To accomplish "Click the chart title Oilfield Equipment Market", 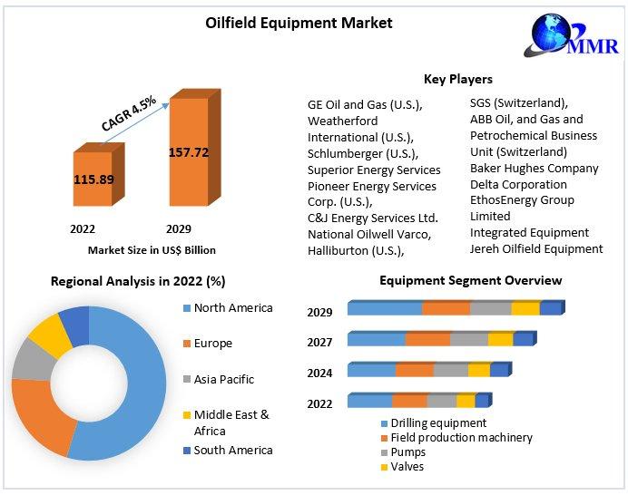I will (x=299, y=23).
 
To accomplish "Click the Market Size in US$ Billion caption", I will (x=152, y=249).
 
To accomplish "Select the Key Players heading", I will (x=458, y=80).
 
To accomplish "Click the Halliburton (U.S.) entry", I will (x=356, y=249).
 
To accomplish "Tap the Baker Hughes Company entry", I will (x=534, y=168).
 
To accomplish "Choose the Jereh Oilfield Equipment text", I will (x=535, y=248).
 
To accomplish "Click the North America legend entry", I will (x=232, y=308).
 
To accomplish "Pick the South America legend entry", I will (x=232, y=450).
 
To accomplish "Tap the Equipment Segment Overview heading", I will (x=470, y=281).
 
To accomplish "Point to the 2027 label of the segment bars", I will (x=319, y=342).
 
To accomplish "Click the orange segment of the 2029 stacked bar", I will (x=446, y=308).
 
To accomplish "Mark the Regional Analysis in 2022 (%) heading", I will (x=138, y=282).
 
